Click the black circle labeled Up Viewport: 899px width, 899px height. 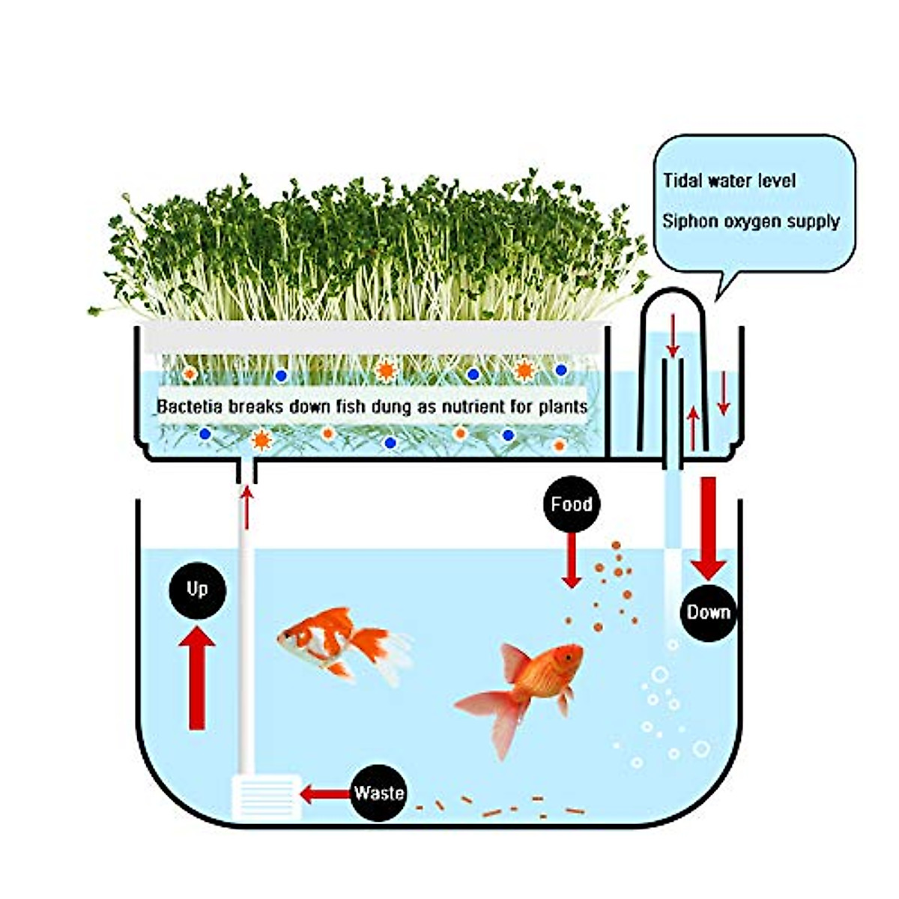(197, 590)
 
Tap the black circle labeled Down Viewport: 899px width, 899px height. (708, 613)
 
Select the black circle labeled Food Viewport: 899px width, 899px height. (572, 504)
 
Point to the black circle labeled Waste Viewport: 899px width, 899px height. (378, 793)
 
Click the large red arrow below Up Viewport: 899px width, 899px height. (197, 678)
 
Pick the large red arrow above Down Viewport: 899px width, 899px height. (708, 528)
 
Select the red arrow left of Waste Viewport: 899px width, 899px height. (324, 793)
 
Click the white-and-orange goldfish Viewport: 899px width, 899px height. (337, 641)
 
